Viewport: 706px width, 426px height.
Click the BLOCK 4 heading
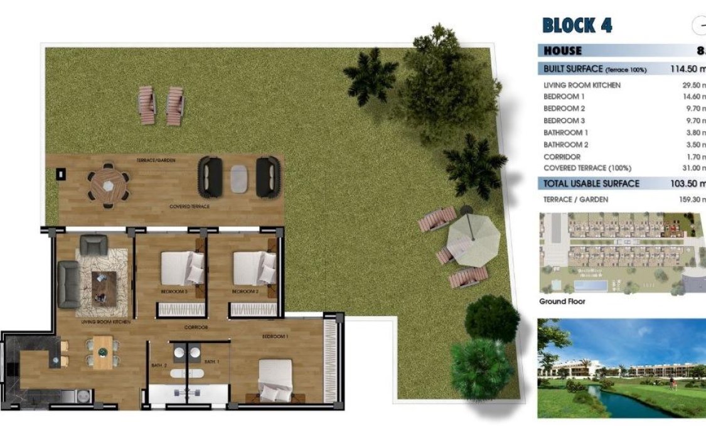tap(577, 26)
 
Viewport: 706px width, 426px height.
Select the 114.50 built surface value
tap(688, 69)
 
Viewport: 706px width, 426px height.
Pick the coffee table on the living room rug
tap(104, 288)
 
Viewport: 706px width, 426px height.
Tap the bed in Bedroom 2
tap(254, 268)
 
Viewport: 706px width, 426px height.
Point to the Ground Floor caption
tap(562, 302)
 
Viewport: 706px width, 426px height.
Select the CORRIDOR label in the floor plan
tap(196, 328)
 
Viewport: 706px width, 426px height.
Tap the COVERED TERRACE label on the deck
tap(189, 206)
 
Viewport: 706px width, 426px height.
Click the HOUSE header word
tap(563, 51)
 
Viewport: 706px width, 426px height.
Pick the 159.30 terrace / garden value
tap(690, 200)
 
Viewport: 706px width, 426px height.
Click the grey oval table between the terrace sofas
tap(239, 178)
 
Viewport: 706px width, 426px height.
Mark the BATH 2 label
tap(159, 365)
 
